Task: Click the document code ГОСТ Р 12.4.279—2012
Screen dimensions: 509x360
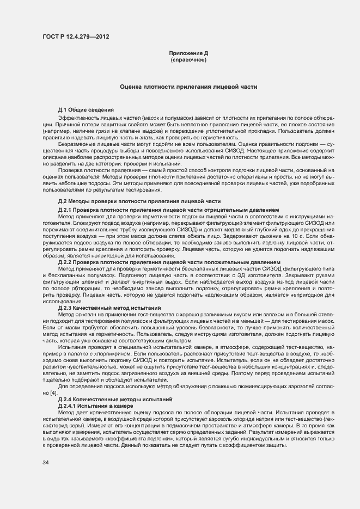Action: click(x=75, y=36)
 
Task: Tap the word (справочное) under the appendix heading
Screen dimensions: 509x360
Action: click(x=188, y=59)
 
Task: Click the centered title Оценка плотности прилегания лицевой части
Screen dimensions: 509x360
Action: click(x=188, y=87)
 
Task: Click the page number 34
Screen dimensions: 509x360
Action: click(x=46, y=463)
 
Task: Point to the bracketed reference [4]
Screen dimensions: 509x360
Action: click(x=53, y=393)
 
